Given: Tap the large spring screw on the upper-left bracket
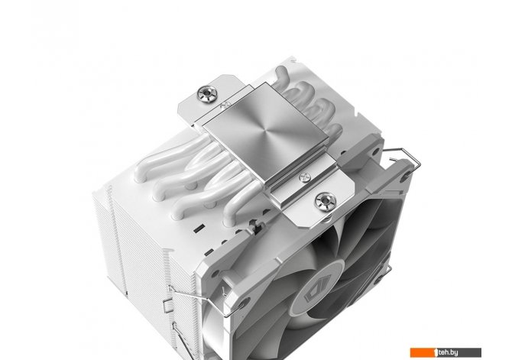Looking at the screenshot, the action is pos(207,94).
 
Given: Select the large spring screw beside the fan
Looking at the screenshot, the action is pos(326,201).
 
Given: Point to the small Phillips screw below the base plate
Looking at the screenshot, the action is pos(305,177).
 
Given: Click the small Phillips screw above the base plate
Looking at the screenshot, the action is pos(225,105).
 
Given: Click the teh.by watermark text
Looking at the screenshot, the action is pos(448,352).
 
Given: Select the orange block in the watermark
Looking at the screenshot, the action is pos(423,352).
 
